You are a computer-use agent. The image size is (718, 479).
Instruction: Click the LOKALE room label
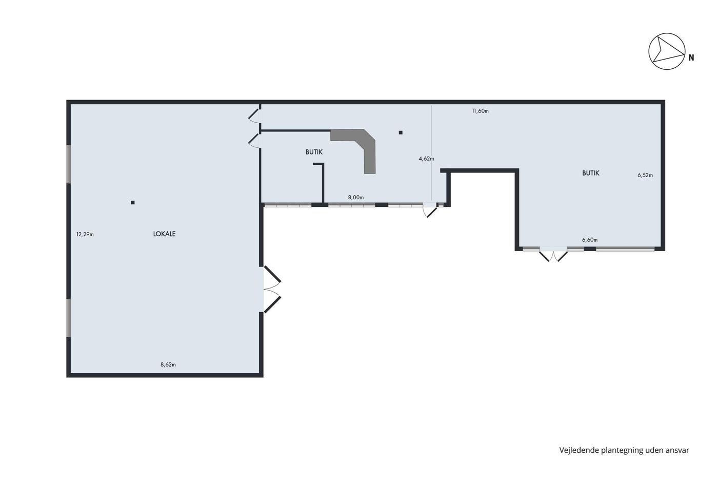(x=164, y=234)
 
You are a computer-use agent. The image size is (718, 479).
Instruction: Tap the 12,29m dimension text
(x=85, y=234)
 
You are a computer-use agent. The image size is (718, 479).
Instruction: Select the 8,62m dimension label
(x=168, y=365)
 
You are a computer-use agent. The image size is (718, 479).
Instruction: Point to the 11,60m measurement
(x=480, y=111)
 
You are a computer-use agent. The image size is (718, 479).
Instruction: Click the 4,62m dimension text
(x=426, y=159)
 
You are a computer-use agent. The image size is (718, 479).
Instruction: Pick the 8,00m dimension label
(x=356, y=197)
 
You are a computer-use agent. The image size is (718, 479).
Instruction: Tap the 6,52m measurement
(x=645, y=175)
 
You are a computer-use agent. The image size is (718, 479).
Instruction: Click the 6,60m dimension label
(x=590, y=240)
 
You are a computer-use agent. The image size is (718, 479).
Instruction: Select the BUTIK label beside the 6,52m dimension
(x=591, y=173)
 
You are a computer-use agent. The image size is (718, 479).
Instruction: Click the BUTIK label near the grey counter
(x=314, y=152)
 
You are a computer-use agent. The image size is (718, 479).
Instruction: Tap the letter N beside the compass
(x=691, y=58)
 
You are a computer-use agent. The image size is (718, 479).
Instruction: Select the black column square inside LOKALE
(x=133, y=202)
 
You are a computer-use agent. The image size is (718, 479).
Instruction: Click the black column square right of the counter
(x=401, y=132)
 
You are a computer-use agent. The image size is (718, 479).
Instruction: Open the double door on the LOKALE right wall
(x=272, y=290)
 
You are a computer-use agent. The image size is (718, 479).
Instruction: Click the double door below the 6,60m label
(x=553, y=255)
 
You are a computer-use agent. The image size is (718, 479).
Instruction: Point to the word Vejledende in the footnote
(x=579, y=450)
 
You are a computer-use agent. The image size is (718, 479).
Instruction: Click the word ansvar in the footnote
(x=677, y=450)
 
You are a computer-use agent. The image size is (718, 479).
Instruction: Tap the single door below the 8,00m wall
(x=430, y=210)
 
